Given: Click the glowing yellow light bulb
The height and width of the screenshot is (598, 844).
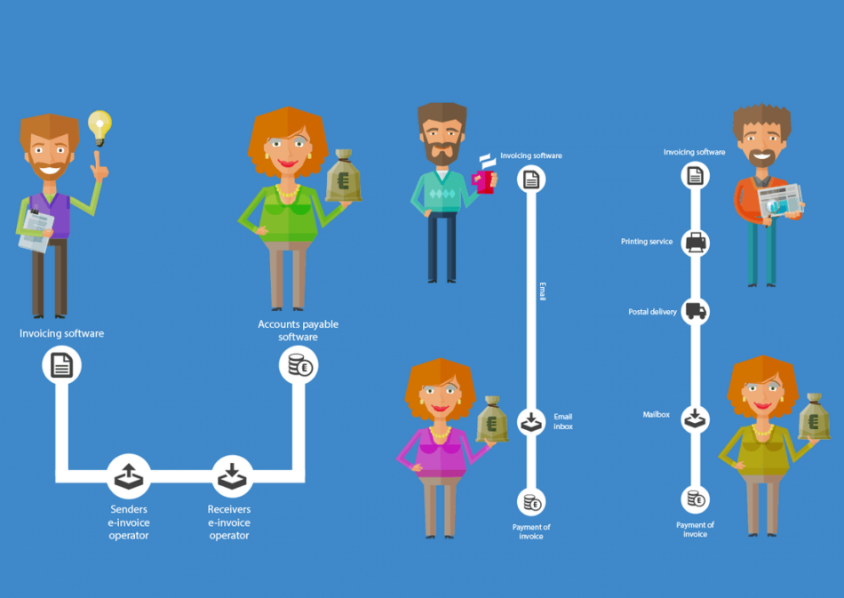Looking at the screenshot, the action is click(100, 127).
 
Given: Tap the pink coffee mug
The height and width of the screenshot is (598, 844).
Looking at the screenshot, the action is click(484, 181).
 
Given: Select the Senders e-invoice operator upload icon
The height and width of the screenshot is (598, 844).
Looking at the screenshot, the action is click(129, 475).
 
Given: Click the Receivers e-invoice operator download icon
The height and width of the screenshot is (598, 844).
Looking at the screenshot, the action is click(232, 475).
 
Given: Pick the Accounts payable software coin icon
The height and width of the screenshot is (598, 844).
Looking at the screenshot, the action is click(299, 365).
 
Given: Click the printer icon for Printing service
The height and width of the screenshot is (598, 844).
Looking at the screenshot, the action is click(696, 243).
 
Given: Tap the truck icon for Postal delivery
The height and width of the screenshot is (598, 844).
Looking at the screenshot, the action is click(696, 311).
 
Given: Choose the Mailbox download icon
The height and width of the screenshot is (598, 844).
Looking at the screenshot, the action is click(695, 419).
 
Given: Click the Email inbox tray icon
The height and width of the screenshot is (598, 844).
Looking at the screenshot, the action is click(531, 421).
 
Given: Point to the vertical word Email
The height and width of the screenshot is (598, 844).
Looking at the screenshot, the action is click(543, 291).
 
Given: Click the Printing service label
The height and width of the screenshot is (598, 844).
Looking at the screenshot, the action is click(647, 242).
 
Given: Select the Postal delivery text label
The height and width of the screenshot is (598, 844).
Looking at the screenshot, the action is click(652, 312).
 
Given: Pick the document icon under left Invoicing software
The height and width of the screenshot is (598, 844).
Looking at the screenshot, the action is click(61, 365).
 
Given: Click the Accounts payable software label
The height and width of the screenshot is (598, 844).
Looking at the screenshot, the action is click(299, 331).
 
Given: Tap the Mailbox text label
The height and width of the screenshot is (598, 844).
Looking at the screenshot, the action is click(657, 414).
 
